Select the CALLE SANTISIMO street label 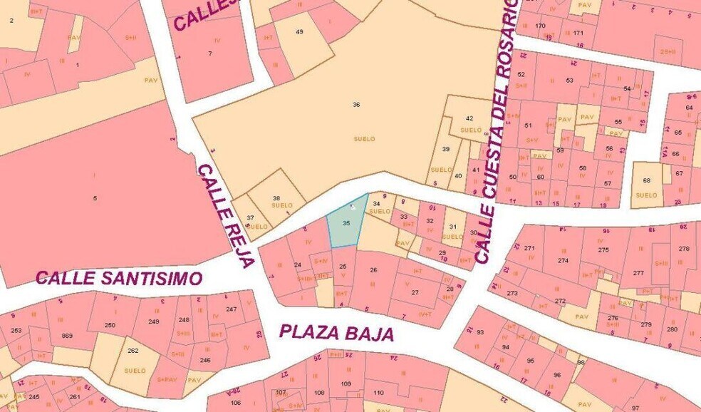(119, 278)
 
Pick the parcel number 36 (356, 105)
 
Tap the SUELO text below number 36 (364, 139)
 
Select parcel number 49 (299, 31)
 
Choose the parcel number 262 (133, 350)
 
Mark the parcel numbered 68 (646, 180)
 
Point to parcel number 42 (469, 118)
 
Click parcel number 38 (276, 198)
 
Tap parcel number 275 (603, 249)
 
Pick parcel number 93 (480, 332)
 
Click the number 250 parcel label (110, 325)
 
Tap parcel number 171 (578, 34)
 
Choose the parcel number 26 (373, 270)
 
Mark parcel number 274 (564, 261)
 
